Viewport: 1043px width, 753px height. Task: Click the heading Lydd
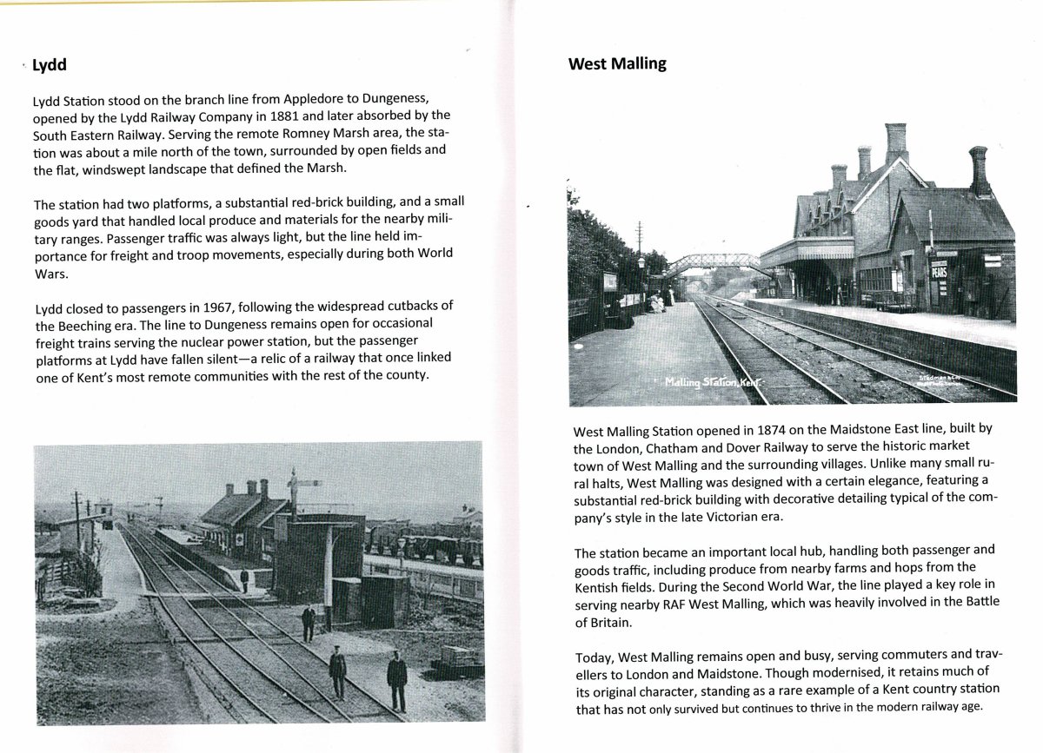pyautogui.click(x=50, y=65)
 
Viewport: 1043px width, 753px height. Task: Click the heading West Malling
pyautogui.click(x=617, y=63)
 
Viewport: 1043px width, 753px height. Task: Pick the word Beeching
pyautogui.click(x=96, y=327)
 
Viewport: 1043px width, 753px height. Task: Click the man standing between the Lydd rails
pyautogui.click(x=337, y=671)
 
